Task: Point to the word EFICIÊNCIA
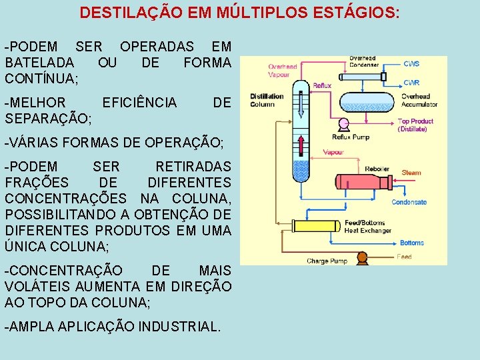coord(140,102)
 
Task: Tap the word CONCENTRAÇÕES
coord(65,198)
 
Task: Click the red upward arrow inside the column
coord(303,146)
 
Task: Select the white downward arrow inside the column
coord(302,106)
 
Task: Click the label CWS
coord(411,64)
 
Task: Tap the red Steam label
coord(411,173)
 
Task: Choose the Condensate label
coord(409,202)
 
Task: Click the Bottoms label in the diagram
coord(412,243)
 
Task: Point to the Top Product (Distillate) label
coord(415,125)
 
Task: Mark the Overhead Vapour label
coord(283,71)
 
